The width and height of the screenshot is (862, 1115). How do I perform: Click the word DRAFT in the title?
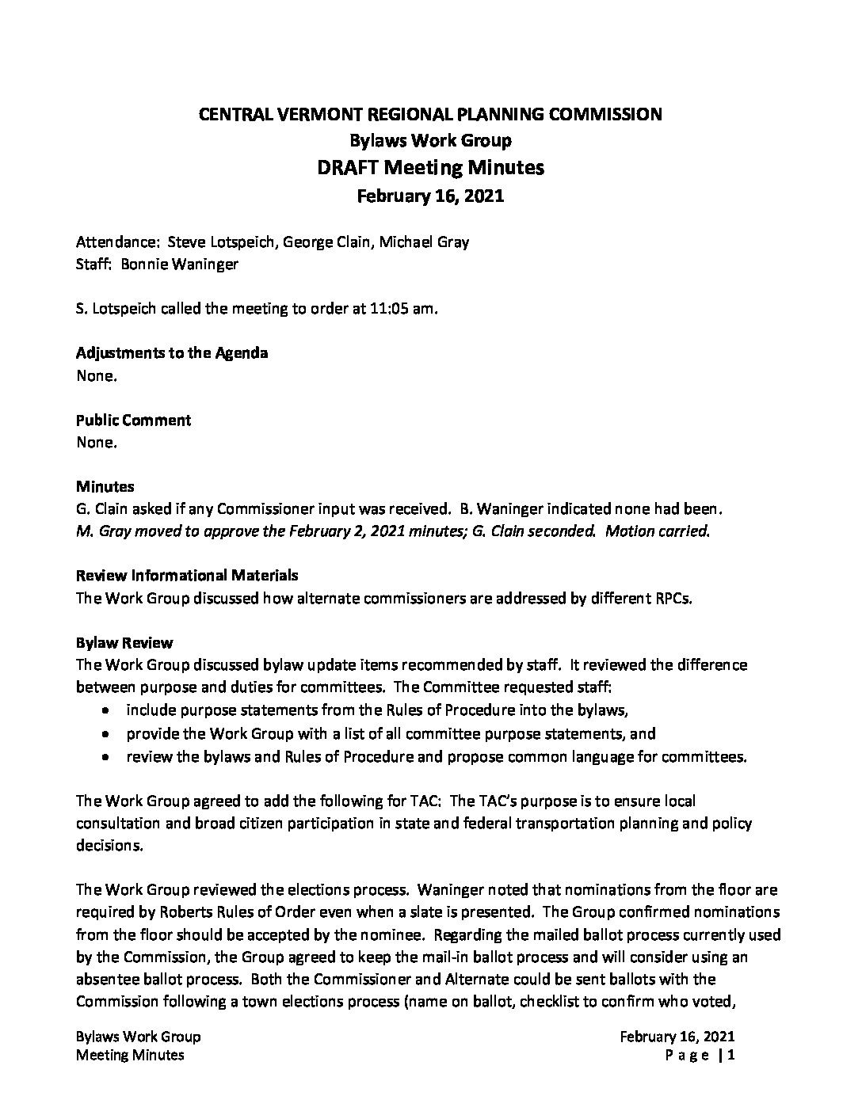[350, 168]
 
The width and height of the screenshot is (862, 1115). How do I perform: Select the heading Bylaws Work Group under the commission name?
[430, 141]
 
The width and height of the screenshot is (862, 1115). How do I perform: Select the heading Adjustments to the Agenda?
[172, 353]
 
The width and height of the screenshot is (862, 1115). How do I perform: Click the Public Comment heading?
[134, 420]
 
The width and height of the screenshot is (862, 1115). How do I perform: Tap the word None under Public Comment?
[97, 443]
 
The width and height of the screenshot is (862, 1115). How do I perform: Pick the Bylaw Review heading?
[124, 642]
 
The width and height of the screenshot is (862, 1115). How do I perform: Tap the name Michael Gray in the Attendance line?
[424, 242]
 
